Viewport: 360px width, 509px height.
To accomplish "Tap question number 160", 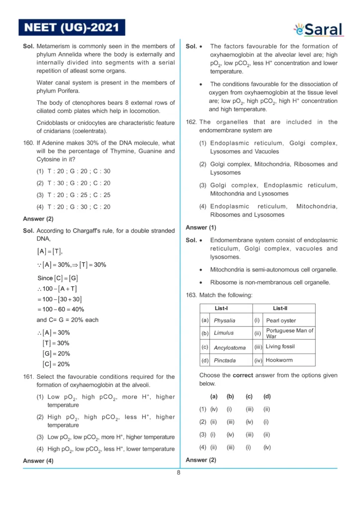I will point(28,143).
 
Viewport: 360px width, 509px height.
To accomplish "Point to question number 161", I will point(28,377).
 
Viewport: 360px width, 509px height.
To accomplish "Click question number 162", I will point(191,122).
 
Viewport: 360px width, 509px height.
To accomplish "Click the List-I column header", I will point(221,308).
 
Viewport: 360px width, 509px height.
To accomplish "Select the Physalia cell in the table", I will point(225,321).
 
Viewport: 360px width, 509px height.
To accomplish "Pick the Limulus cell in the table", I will point(224,333).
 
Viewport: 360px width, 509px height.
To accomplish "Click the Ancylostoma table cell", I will point(230,347).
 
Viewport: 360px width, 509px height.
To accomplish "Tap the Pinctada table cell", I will point(225,360).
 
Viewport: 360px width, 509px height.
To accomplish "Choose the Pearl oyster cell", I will point(281,321).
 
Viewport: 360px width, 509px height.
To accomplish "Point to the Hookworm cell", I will point(279,360).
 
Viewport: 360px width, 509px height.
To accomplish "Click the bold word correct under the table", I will point(243,375).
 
